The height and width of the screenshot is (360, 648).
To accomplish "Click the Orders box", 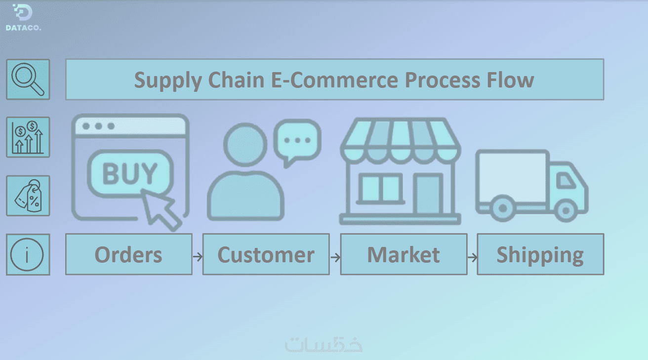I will [128, 254].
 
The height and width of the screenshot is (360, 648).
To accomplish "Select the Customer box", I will [266, 254].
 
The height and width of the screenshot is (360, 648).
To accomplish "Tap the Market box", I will [404, 254].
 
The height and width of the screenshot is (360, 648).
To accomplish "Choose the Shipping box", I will [540, 254].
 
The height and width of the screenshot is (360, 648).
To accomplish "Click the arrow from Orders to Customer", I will [198, 257].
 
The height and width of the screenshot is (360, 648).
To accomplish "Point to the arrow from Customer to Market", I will [335, 257].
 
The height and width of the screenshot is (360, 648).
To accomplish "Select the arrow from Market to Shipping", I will [473, 257].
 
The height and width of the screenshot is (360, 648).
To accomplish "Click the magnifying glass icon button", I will [28, 79].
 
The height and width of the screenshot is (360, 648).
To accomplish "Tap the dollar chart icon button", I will [28, 137].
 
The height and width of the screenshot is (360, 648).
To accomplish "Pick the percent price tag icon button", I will [28, 196].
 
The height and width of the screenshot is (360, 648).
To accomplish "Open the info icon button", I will [28, 254].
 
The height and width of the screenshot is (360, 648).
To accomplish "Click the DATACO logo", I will [23, 18].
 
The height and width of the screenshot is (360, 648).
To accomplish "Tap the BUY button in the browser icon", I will [130, 172].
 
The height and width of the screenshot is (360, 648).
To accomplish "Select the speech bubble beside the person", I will [297, 140].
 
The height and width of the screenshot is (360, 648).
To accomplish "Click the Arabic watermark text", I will [324, 344].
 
